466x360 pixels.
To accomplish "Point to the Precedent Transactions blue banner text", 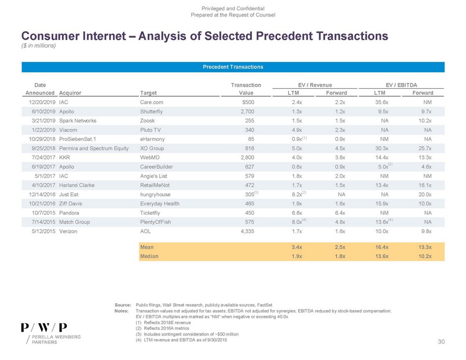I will tap(233, 67).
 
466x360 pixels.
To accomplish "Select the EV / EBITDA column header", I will tap(401, 85).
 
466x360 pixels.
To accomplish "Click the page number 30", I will tap(441, 342).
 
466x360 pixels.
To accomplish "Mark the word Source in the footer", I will tap(122, 304).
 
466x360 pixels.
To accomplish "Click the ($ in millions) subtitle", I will tap(39, 45).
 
